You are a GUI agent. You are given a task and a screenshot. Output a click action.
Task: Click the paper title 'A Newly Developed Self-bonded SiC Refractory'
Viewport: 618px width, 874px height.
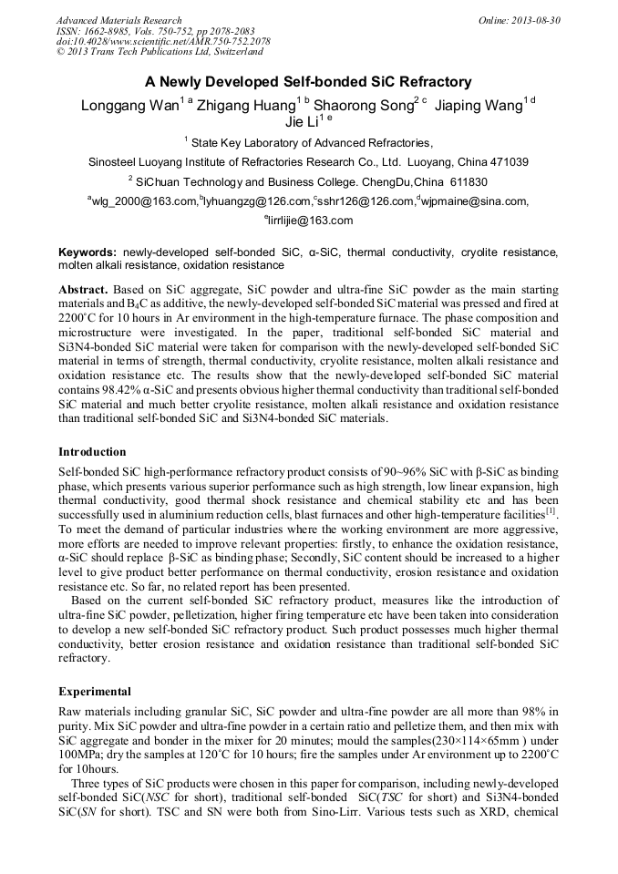pyautogui.click(x=308, y=81)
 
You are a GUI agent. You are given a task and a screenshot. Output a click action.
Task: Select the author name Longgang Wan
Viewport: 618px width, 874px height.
pyautogui.click(x=130, y=105)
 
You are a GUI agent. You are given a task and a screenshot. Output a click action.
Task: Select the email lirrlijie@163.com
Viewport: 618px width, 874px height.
pyautogui.click(x=311, y=221)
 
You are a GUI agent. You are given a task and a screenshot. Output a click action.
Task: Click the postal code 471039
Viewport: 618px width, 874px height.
pyautogui.click(x=505, y=162)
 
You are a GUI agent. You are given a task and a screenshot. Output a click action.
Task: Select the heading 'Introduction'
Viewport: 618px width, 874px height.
pyautogui.click(x=93, y=452)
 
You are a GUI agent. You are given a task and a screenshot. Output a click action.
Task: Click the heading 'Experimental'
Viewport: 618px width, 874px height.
pyautogui.click(x=96, y=692)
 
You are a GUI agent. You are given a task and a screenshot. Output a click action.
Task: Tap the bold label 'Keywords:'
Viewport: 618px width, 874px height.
pyautogui.click(x=88, y=252)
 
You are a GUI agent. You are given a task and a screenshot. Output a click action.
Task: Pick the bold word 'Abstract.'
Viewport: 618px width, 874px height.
pyautogui.click(x=84, y=285)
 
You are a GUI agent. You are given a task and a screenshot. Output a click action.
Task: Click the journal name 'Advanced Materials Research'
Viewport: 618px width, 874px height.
pyautogui.click(x=119, y=20)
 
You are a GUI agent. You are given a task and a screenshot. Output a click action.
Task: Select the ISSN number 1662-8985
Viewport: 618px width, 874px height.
pyautogui.click(x=108, y=31)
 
